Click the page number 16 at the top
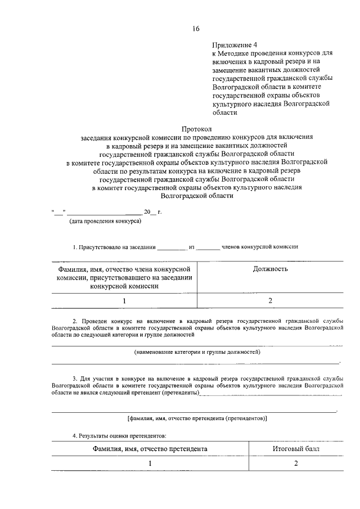[x=195, y=29]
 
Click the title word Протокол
[x=196, y=129]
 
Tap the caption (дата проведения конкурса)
[x=105, y=221]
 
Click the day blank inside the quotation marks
[x=59, y=212]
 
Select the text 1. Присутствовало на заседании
[x=112, y=246]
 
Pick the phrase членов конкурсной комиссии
[x=260, y=246]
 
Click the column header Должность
[x=270, y=269]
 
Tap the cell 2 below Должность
[x=270, y=300]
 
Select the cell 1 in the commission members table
[x=124, y=300]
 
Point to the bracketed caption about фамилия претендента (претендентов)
[x=197, y=418]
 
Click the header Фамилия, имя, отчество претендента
[x=151, y=449]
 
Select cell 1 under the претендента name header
[x=151, y=463]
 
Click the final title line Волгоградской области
[x=196, y=196]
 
